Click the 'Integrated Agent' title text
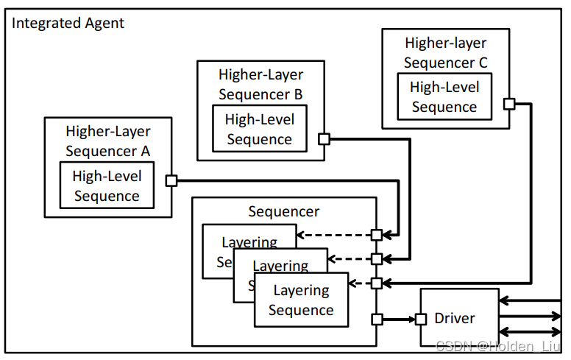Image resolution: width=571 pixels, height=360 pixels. pyautogui.click(x=68, y=23)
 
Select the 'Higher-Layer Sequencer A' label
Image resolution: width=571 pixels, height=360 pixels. pyautogui.click(x=108, y=141)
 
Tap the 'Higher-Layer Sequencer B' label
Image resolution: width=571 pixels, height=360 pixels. pyautogui.click(x=260, y=84)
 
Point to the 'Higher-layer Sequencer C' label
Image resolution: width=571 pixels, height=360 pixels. pyautogui.click(x=445, y=52)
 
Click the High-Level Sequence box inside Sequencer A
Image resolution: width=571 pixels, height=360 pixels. pyautogui.click(x=107, y=186)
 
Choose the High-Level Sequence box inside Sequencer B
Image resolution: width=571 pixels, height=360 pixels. pyautogui.click(x=259, y=130)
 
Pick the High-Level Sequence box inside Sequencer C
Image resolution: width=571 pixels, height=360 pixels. pyautogui.click(x=444, y=96)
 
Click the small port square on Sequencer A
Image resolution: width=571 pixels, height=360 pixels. pyautogui.click(x=171, y=180)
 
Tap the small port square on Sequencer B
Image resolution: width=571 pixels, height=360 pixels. pyautogui.click(x=324, y=138)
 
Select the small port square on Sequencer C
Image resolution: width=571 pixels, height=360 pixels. pyautogui.click(x=508, y=104)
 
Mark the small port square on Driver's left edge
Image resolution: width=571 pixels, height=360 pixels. pyautogui.click(x=421, y=319)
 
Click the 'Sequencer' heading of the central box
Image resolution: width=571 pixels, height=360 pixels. pyautogui.click(x=284, y=212)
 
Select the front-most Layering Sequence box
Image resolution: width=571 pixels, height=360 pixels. pyautogui.click(x=301, y=300)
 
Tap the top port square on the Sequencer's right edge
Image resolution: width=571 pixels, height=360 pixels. pyautogui.click(x=376, y=235)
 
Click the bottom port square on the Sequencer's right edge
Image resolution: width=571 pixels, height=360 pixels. pyautogui.click(x=376, y=319)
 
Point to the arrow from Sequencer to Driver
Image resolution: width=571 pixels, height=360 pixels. pyautogui.click(x=398, y=319)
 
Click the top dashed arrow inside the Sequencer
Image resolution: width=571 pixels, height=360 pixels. pyautogui.click(x=334, y=235)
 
